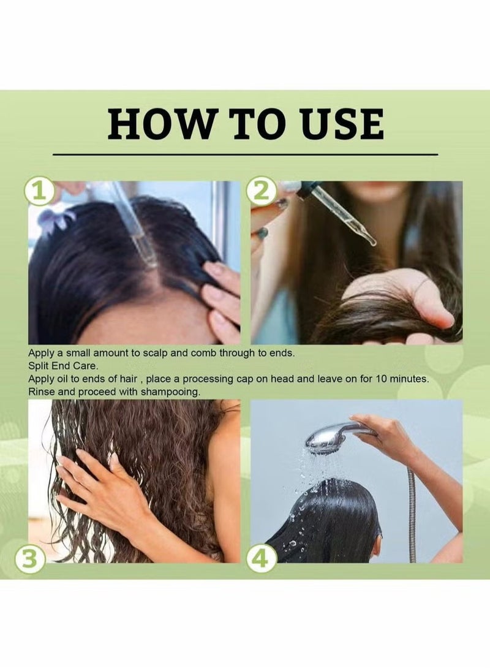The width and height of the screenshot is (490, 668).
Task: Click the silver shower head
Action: click(336, 438)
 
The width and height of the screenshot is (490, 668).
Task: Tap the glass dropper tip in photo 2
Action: click(372, 241)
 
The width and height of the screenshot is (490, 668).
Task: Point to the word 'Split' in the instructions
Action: click(38, 366)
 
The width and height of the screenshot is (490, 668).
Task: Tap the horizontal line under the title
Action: click(245, 154)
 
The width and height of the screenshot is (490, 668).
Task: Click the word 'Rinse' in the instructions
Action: click(41, 392)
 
